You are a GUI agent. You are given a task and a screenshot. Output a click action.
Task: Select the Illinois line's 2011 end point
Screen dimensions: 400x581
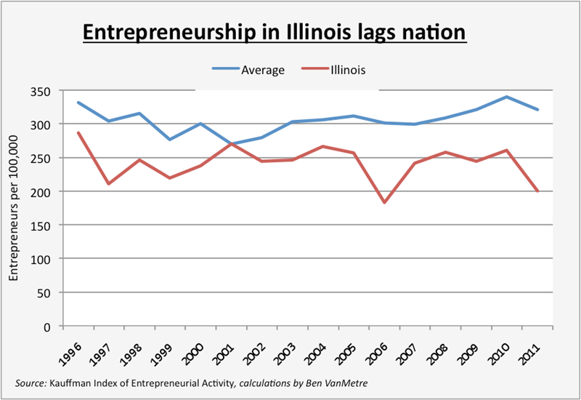tap(537, 191)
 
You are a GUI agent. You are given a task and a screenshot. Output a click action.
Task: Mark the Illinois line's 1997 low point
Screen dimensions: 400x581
tap(108, 184)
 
